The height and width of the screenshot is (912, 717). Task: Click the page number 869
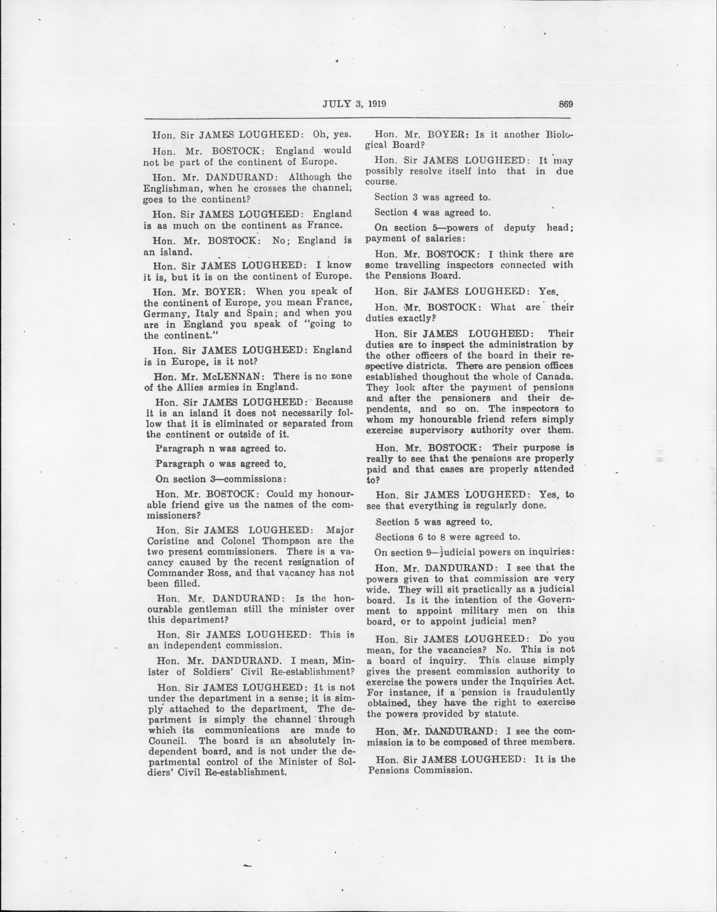click(x=565, y=105)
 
